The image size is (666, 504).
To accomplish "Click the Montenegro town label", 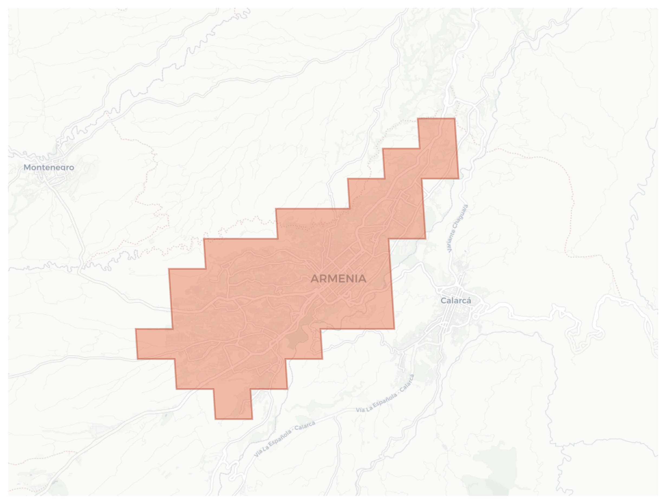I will [49, 167].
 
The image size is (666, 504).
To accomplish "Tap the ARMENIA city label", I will [338, 279].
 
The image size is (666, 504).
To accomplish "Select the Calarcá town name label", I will [456, 301].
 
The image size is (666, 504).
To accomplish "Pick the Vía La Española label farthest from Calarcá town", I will [285, 439].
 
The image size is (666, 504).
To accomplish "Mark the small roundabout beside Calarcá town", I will [475, 316].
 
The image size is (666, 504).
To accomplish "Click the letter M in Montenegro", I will [27, 167].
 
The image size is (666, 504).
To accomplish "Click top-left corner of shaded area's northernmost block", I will [418, 119].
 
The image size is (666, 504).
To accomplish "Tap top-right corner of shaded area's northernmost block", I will [454, 119].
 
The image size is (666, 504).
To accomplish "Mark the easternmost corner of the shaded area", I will [459, 178].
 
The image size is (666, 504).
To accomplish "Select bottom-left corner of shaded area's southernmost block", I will [215, 419].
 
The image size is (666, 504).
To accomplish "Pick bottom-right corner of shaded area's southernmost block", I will [252, 419].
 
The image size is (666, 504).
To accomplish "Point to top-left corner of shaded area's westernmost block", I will [136, 329].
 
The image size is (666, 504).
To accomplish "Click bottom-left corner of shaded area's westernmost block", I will [137, 359].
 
